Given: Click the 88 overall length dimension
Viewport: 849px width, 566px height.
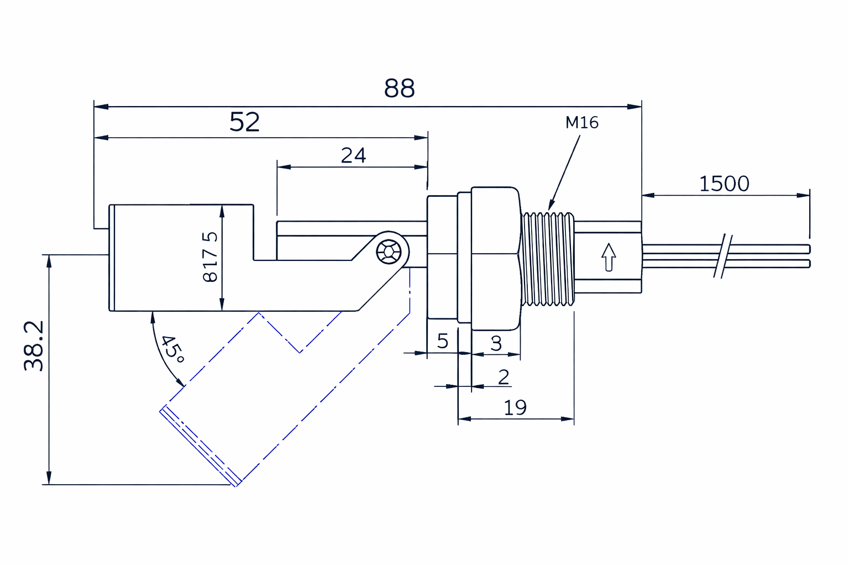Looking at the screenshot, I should [x=399, y=88].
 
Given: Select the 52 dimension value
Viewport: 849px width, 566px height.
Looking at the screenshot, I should [x=244, y=122].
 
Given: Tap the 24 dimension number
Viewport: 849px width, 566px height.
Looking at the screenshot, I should [x=353, y=156].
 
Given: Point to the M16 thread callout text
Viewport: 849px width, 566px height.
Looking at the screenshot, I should [x=581, y=122].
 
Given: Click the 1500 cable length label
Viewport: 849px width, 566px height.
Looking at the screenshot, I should [x=724, y=184].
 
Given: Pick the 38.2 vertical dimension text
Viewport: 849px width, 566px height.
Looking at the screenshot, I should [x=34, y=346].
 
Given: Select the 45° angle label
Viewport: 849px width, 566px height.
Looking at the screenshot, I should [x=172, y=349].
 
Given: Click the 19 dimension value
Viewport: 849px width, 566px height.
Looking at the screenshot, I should [x=515, y=408].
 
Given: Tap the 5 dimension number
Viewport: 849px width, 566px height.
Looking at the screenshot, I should [x=442, y=341].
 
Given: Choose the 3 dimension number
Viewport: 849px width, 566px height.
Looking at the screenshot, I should [x=496, y=343].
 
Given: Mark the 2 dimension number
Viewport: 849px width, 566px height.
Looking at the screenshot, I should [x=503, y=377].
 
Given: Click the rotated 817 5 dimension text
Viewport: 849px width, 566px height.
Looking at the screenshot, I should [x=211, y=258].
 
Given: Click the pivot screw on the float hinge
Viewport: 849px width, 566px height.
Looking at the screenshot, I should [x=389, y=251].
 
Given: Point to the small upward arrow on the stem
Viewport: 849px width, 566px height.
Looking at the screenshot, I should [x=608, y=257].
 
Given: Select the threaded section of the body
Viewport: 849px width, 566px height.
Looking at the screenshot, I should [x=548, y=258].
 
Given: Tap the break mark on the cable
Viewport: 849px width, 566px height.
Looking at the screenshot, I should [x=723, y=256].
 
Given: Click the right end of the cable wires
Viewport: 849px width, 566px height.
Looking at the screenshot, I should [x=808, y=256].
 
